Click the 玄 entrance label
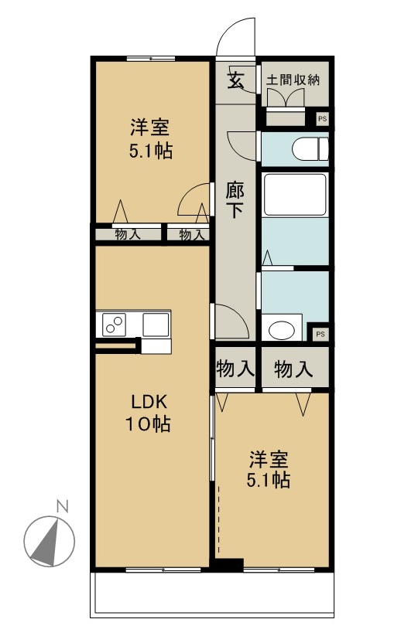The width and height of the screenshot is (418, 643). point(235,80)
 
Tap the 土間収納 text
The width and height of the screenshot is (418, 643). point(293,80)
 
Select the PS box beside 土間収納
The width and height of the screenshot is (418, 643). point(322,119)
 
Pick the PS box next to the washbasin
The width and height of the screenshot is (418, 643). point(321,334)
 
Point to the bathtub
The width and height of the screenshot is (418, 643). point(294,194)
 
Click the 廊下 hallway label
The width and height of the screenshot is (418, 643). point(235,199)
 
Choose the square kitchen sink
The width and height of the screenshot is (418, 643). point(156,325)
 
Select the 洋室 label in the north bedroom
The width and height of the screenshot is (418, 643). point(149,127)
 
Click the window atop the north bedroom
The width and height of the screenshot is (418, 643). point(150,59)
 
